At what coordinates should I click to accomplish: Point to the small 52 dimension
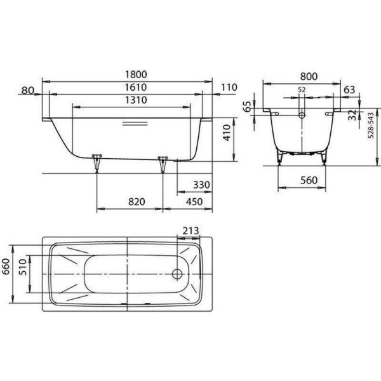coord(302,90)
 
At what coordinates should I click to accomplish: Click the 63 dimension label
coord(349,90)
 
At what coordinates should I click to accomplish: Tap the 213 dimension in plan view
coord(190,231)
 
